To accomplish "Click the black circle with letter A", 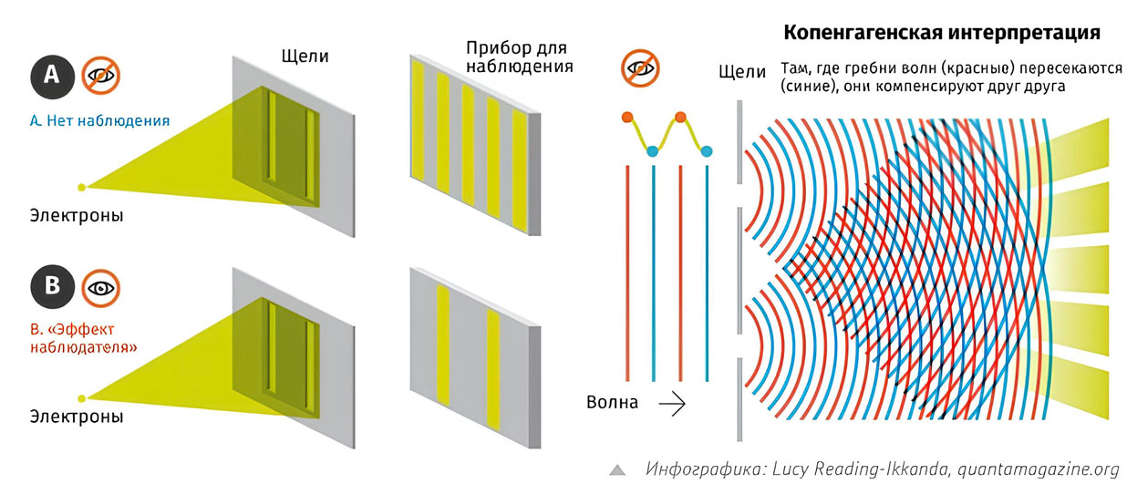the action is [52, 77].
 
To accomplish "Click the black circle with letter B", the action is [52, 287].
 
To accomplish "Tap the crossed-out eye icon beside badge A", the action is [101, 76].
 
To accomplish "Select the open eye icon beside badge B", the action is [101, 288].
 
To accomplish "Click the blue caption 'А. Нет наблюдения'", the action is [99, 120].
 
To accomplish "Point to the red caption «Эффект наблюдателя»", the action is [84, 338].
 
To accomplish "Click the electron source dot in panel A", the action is [81, 188].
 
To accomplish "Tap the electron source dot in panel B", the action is [81, 399].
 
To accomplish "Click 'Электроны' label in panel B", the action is [77, 417].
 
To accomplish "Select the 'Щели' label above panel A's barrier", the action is [305, 56].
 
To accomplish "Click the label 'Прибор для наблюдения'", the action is [519, 57].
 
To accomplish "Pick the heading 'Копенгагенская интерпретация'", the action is [942, 33].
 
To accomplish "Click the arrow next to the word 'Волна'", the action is [672, 403].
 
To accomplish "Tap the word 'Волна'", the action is [613, 403].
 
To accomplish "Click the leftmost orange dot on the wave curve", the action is [627, 118].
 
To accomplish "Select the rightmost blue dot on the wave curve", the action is [707, 151].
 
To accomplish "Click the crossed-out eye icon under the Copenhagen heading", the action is [640, 68].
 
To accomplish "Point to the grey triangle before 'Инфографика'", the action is [617, 470].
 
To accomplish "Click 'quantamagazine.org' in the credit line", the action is [1038, 468].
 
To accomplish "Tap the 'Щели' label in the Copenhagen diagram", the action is [742, 72].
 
